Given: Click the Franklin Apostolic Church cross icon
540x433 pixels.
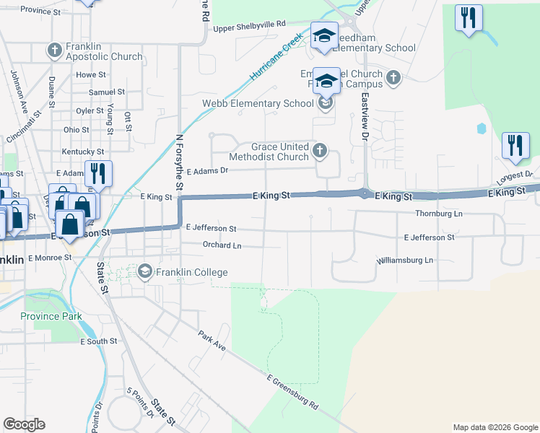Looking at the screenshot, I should pyautogui.click(x=54, y=51).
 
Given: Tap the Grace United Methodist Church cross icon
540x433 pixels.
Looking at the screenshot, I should pyautogui.click(x=321, y=152).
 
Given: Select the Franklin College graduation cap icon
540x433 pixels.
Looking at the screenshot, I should pyautogui.click(x=145, y=271).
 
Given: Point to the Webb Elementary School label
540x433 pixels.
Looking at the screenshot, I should pyautogui.click(x=258, y=103).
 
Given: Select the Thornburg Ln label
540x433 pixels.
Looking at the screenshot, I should pyautogui.click(x=438, y=214).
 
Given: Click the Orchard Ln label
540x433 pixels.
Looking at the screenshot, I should pyautogui.click(x=222, y=245).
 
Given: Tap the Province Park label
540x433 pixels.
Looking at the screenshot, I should pyautogui.click(x=51, y=316).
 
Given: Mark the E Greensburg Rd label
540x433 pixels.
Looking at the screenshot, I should pyautogui.click(x=292, y=393).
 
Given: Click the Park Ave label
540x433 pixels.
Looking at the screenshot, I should pyautogui.click(x=212, y=342).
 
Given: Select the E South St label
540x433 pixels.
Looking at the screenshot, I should pyautogui.click(x=98, y=341).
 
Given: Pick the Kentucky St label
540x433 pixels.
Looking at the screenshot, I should pyautogui.click(x=83, y=152).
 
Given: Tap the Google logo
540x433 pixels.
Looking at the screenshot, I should pyautogui.click(x=24, y=424).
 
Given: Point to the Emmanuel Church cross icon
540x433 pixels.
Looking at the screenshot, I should pyautogui.click(x=393, y=77).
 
